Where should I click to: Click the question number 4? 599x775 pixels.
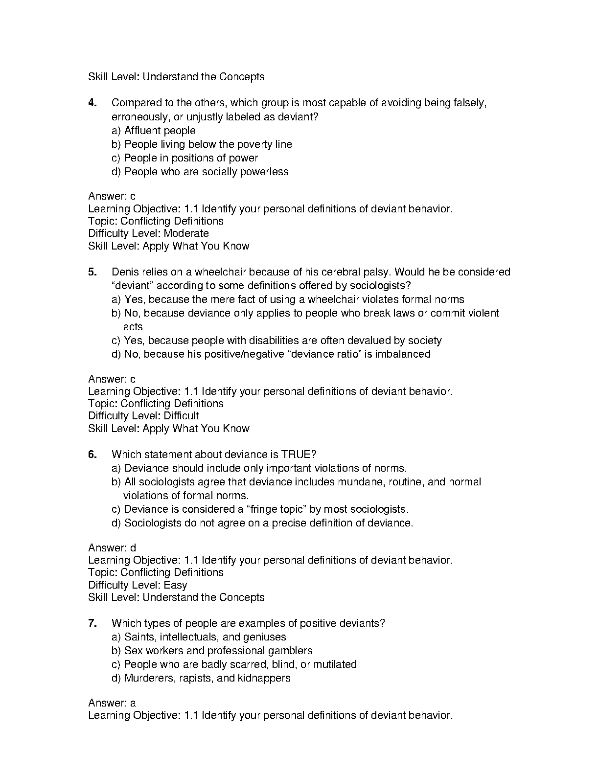click(92, 103)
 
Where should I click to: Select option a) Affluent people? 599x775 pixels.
click(154, 131)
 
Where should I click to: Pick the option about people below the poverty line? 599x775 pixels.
click(202, 144)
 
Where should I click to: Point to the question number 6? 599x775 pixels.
click(92, 455)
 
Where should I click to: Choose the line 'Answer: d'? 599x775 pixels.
click(112, 548)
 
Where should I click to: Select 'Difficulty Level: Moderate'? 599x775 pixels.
click(148, 233)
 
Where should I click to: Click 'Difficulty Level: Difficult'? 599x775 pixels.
click(143, 416)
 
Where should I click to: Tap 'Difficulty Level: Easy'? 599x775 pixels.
click(138, 585)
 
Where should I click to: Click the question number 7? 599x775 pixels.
click(92, 623)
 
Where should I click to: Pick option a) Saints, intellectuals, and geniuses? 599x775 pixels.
click(199, 637)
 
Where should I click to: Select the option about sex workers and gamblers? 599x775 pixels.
click(212, 651)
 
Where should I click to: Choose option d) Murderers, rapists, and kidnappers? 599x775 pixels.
click(201, 678)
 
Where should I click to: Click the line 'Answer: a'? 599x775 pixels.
click(112, 703)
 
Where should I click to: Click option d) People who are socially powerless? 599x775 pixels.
click(200, 172)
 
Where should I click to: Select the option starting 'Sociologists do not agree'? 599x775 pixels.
click(262, 523)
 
